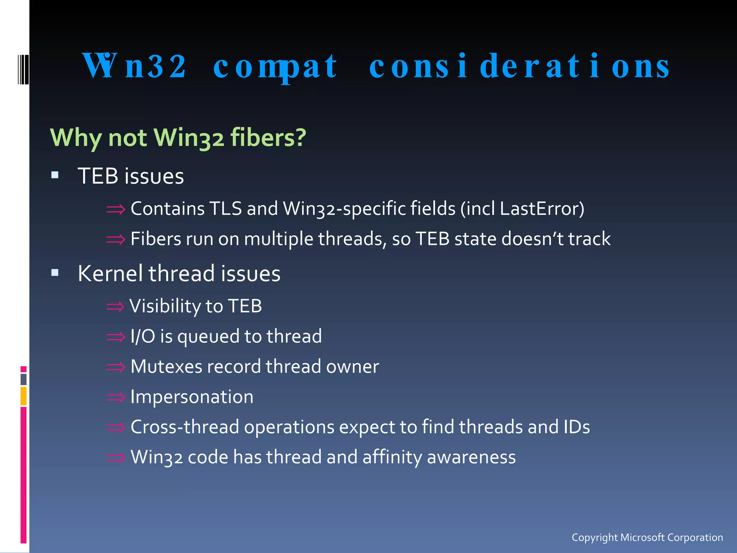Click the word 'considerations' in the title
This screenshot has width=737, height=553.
(x=519, y=67)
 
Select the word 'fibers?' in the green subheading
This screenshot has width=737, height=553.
(x=268, y=138)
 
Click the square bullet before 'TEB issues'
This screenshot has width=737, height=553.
(x=55, y=175)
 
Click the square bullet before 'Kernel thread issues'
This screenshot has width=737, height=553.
(x=55, y=273)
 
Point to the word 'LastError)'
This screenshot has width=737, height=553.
(x=542, y=209)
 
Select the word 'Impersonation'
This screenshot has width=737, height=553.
(x=192, y=397)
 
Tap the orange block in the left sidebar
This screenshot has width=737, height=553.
(x=23, y=396)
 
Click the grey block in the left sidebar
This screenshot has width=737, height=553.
(x=23, y=379)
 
